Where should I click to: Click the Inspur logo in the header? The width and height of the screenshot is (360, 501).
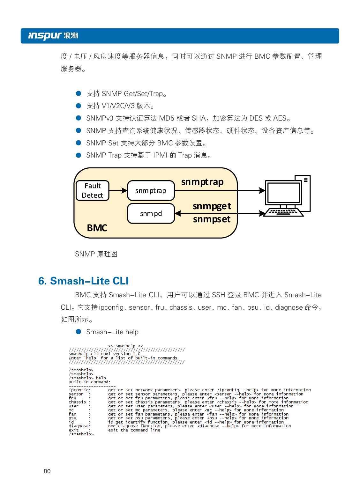pyautogui.click(x=53, y=36)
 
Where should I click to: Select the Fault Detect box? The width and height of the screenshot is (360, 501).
pyautogui.click(x=93, y=191)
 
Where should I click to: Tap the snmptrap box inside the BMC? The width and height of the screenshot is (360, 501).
pyautogui.click(x=151, y=191)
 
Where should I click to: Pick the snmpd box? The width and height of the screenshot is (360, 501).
pyautogui.click(x=151, y=214)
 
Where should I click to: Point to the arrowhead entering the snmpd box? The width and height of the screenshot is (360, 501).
pyautogui.click(x=178, y=213)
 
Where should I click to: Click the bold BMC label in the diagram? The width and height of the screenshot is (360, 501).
pyautogui.click(x=97, y=228)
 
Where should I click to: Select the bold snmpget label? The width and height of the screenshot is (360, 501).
pyautogui.click(x=212, y=206)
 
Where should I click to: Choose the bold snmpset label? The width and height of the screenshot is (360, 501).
pyautogui.click(x=212, y=219)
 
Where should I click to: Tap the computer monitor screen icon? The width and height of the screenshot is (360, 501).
pyautogui.click(x=283, y=193)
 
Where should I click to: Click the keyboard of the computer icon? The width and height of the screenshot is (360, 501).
pyautogui.click(x=283, y=212)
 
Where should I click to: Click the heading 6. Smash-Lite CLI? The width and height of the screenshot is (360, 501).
pyautogui.click(x=84, y=281)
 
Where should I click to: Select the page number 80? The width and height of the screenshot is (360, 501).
pyautogui.click(x=47, y=471)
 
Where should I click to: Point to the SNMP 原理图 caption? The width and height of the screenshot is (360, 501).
pyautogui.click(x=96, y=254)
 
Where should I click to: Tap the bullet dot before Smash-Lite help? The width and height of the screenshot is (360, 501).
pyautogui.click(x=79, y=332)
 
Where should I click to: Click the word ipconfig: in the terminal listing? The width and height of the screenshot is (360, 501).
pyautogui.click(x=80, y=390)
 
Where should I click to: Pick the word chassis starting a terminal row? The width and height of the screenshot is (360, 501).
pyautogui.click(x=78, y=402)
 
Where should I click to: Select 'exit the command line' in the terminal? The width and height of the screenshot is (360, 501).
pyautogui.click(x=134, y=430)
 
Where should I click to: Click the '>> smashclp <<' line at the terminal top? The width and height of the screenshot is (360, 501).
pyautogui.click(x=125, y=346)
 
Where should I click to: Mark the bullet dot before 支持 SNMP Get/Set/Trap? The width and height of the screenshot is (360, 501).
pyautogui.click(x=79, y=93)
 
